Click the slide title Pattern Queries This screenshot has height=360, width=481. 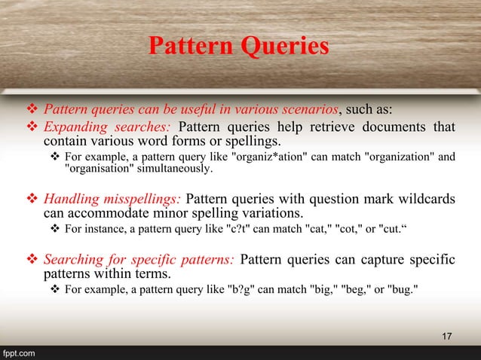(238, 47)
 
